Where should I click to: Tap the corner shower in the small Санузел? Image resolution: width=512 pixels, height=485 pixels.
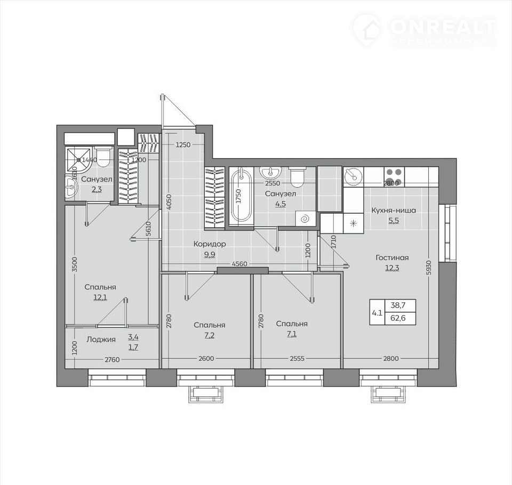pyautogui.click(x=78, y=160)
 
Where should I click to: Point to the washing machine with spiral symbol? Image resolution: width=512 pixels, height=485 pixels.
pyautogui.click(x=306, y=218)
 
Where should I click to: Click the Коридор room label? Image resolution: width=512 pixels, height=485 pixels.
pyautogui.click(x=210, y=244)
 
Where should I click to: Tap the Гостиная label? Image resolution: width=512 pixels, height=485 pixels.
pyautogui.click(x=392, y=257)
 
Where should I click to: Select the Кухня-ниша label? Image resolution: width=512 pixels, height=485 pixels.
pyautogui.click(x=394, y=210)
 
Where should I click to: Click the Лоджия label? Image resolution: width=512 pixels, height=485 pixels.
pyautogui.click(x=101, y=339)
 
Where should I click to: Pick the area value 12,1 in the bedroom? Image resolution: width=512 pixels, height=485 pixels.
pyautogui.click(x=100, y=297)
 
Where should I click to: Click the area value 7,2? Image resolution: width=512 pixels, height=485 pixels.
pyautogui.click(x=209, y=335)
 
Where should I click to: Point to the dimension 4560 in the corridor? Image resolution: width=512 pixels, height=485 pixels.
pyautogui.click(x=239, y=264)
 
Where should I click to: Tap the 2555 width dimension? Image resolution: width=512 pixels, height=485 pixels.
pyautogui.click(x=297, y=359)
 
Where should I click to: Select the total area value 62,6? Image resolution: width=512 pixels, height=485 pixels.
pyautogui.click(x=398, y=318)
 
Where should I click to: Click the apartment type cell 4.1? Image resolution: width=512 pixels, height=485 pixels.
pyautogui.click(x=377, y=313)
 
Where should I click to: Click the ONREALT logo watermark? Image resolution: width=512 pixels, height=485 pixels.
pyautogui.click(x=425, y=30)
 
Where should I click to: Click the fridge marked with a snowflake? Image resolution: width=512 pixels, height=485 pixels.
pyautogui.click(x=353, y=223)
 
